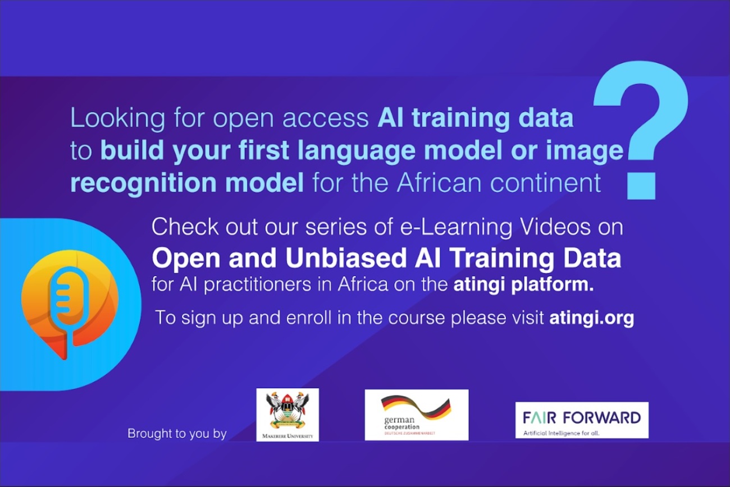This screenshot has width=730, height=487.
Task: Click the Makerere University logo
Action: [x=288, y=415]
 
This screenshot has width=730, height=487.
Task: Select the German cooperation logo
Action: [x=417, y=415]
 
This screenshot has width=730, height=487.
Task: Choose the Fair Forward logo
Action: [x=582, y=420]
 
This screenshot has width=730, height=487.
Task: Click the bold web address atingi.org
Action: [x=591, y=318]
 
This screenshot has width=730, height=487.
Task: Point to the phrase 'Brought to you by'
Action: [x=177, y=434]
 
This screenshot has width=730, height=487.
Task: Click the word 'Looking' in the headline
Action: [x=118, y=119]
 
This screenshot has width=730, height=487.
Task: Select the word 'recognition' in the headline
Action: [x=144, y=184]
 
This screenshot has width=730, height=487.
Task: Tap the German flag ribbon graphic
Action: [x=417, y=406]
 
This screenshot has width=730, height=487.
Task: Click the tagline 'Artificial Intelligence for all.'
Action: [x=561, y=433]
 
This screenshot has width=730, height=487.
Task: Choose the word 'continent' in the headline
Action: [x=546, y=183]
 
